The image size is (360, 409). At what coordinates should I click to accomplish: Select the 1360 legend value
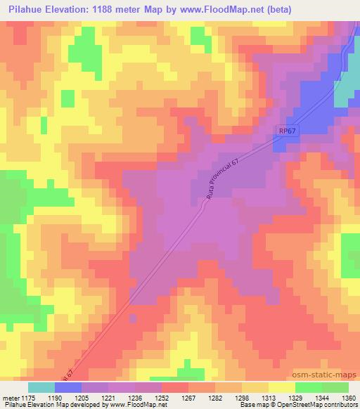(347, 397)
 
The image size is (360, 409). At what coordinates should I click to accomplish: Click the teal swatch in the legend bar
(41, 387)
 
